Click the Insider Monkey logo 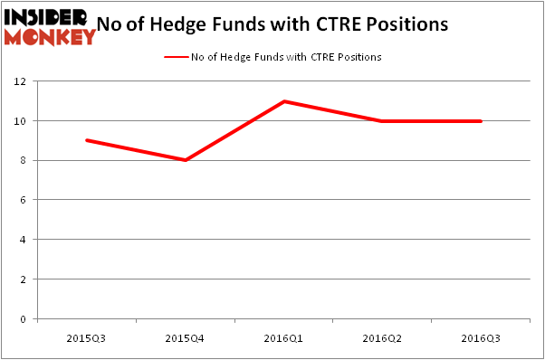coord(49,26)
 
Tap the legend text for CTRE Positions coord(285,57)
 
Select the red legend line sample coord(174,57)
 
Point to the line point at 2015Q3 coord(87,140)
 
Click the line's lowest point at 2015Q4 coord(186,160)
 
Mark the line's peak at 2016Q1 coord(284,101)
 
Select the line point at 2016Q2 coord(383,120)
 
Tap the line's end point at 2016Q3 coord(481,120)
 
